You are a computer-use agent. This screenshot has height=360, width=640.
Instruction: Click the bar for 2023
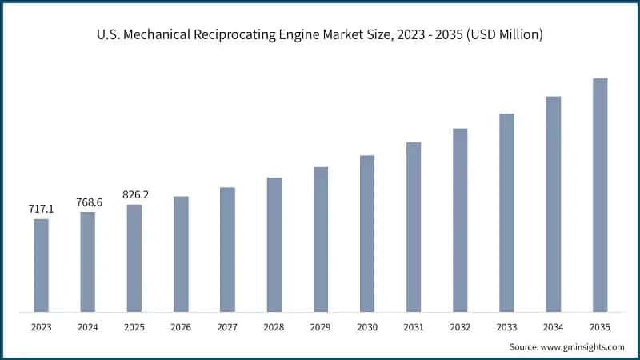pos(41,265)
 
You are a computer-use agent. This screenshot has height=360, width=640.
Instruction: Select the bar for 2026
pos(181,254)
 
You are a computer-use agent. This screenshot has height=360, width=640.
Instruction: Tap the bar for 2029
pos(320,239)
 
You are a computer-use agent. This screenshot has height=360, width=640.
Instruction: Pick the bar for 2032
pos(459,220)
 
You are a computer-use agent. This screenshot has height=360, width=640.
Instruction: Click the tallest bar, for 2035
pos(599,195)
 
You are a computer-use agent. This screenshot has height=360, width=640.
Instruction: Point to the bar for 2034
pos(553,204)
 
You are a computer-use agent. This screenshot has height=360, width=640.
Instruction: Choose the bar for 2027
pos(227,250)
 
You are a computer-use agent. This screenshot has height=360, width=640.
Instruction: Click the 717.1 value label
pos(41,209)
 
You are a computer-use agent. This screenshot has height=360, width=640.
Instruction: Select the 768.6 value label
pos(88,202)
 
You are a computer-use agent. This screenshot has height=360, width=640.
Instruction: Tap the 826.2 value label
pos(134,194)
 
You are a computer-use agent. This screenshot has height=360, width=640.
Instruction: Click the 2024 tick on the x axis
pos(88,327)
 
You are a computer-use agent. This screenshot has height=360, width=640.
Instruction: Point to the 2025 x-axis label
pos(134,327)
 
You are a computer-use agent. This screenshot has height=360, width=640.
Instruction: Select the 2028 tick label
pos(274,327)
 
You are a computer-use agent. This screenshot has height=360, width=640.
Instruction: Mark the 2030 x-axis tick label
pos(366,327)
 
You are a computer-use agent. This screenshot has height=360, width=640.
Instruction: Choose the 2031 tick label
pos(413,327)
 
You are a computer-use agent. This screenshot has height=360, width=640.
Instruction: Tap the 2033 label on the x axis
pos(506,327)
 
